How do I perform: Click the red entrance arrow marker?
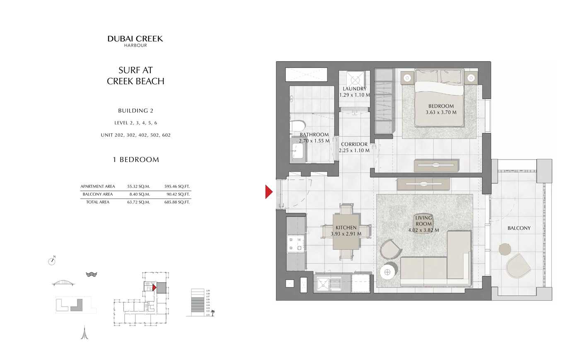[269, 192]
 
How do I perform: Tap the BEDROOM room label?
[441, 106]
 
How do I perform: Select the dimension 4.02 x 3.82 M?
[423, 230]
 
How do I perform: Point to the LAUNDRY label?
[354, 89]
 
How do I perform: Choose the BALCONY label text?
[519, 228]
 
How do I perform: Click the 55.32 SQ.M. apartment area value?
[138, 186]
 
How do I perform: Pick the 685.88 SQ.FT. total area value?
[177, 202]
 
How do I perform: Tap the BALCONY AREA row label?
[97, 194]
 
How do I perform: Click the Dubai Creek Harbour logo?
[135, 41]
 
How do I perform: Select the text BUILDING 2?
[135, 111]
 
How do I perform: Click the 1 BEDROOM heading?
[135, 159]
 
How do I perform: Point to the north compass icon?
[52, 261]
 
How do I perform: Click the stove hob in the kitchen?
[295, 244]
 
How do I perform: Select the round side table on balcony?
[505, 249]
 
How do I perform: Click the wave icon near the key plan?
[91, 274]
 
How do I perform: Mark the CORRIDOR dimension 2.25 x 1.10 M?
[354, 150]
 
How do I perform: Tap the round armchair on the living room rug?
[390, 249]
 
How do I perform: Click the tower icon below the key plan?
[85, 333]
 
